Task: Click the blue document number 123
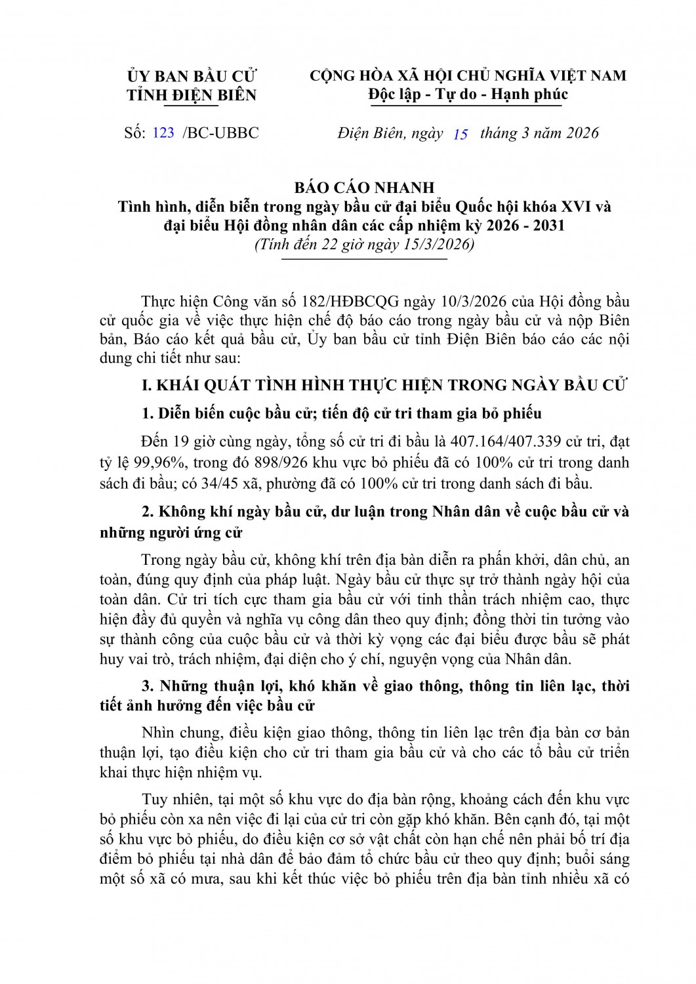163,133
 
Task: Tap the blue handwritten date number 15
461,134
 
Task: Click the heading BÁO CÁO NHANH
364,188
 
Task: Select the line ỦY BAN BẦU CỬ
192,76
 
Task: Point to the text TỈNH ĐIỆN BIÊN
192,95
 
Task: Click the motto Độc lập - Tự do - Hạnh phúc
468,94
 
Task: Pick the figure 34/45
202,483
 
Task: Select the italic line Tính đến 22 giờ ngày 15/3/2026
364,245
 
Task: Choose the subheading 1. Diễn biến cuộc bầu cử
342,413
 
